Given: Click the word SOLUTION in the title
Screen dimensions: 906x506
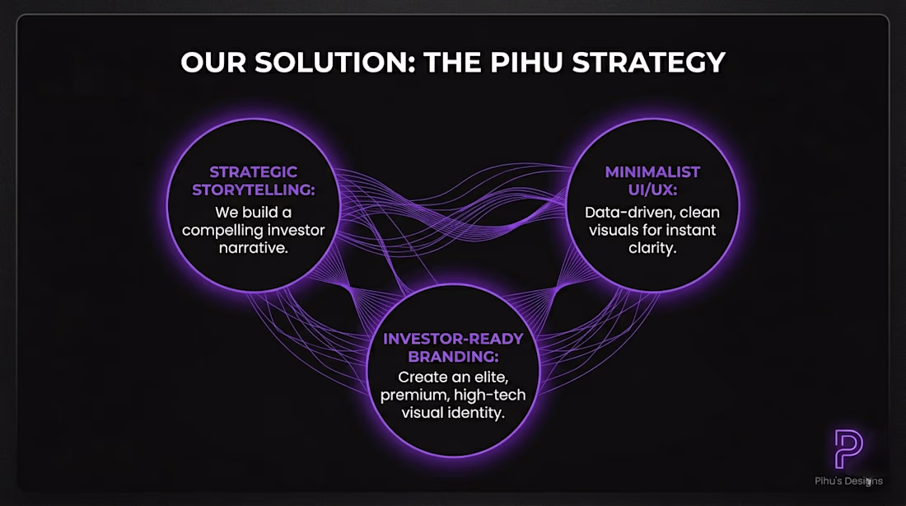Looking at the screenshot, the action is (x=335, y=62).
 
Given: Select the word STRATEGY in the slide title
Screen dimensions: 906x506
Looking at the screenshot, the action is (x=649, y=62).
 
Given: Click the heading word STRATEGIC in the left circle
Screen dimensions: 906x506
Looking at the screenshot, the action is (x=253, y=171).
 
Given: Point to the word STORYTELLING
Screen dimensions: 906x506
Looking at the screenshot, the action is (x=252, y=190).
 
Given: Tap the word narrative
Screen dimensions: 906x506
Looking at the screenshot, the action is (x=253, y=248).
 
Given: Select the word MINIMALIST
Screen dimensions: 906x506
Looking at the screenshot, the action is (x=652, y=171).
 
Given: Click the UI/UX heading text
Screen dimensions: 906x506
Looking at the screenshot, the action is (x=652, y=190).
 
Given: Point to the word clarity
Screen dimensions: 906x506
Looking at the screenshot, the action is (x=652, y=248).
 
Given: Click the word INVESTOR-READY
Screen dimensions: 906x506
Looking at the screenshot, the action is (x=453, y=339).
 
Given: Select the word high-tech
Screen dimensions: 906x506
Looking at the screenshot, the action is (x=489, y=395).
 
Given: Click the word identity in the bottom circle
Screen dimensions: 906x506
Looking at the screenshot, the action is (x=477, y=413).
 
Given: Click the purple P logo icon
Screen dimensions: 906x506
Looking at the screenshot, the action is (x=848, y=449).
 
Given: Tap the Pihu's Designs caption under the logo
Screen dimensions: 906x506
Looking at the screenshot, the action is (x=849, y=480).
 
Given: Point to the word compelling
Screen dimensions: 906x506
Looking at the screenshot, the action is (x=218, y=231).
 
